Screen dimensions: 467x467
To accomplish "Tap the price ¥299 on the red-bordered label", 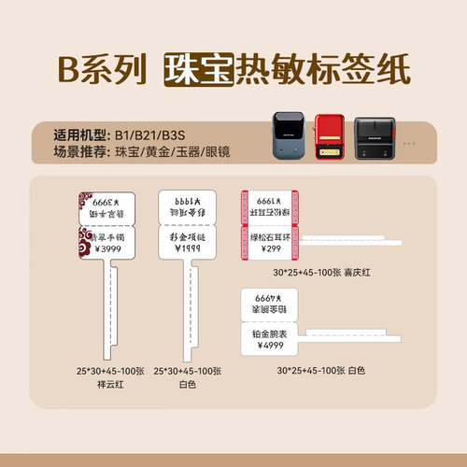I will tap(271, 248).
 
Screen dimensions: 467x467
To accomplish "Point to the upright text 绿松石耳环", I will tap(271, 236).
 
